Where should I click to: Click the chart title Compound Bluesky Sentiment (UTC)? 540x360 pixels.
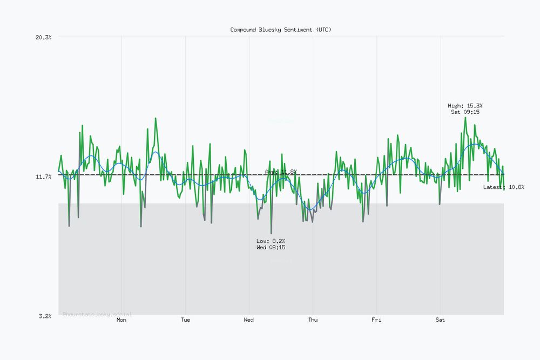(281, 30)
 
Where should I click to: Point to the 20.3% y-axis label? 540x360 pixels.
(43, 37)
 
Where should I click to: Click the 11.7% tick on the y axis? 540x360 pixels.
(43, 176)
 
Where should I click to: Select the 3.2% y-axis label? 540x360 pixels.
(45, 316)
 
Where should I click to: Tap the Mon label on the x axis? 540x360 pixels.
(122, 320)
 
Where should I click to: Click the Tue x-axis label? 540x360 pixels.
(185, 320)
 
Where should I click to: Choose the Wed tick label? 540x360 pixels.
(249, 320)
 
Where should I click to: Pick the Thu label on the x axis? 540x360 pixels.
(313, 320)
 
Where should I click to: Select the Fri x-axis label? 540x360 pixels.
(376, 320)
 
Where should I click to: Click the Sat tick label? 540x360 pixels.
(441, 320)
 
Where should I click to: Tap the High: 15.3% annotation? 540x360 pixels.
(465, 106)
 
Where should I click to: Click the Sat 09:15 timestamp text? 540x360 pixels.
(465, 112)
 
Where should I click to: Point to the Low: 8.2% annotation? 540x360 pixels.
(271, 241)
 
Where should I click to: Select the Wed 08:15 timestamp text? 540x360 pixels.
(271, 247)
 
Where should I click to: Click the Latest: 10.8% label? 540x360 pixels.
(503, 187)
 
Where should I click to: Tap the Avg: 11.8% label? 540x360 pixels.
(280, 172)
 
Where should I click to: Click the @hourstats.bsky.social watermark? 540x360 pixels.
(97, 314)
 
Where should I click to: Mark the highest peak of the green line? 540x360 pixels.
(465, 117)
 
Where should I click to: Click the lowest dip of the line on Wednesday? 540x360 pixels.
(271, 233)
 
